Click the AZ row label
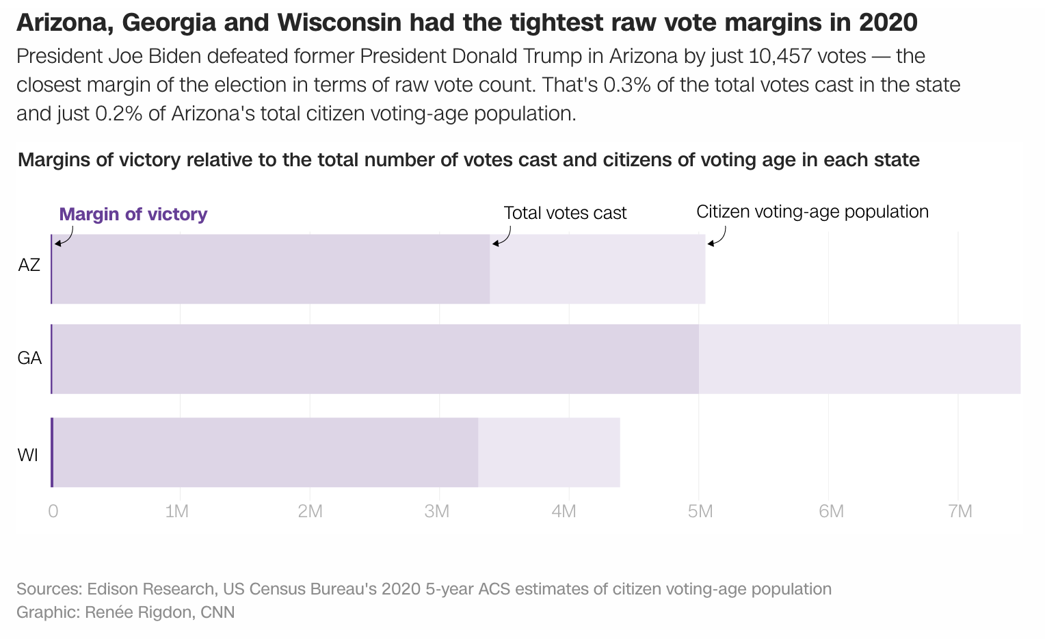pos(29,265)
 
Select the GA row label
pos(29,358)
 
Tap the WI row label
pos(28,455)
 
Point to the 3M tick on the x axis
pos(436,511)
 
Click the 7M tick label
pos(960,511)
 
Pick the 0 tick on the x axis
pos(53,511)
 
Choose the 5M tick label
pos(700,511)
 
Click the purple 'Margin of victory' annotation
pos(133,214)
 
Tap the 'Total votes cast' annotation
pos(565,213)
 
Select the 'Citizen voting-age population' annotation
pos(812,211)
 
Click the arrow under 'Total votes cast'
pos(501,237)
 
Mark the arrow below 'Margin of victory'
pos(64,237)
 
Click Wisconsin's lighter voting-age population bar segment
pos(548,452)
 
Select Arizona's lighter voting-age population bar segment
pos(597,269)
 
